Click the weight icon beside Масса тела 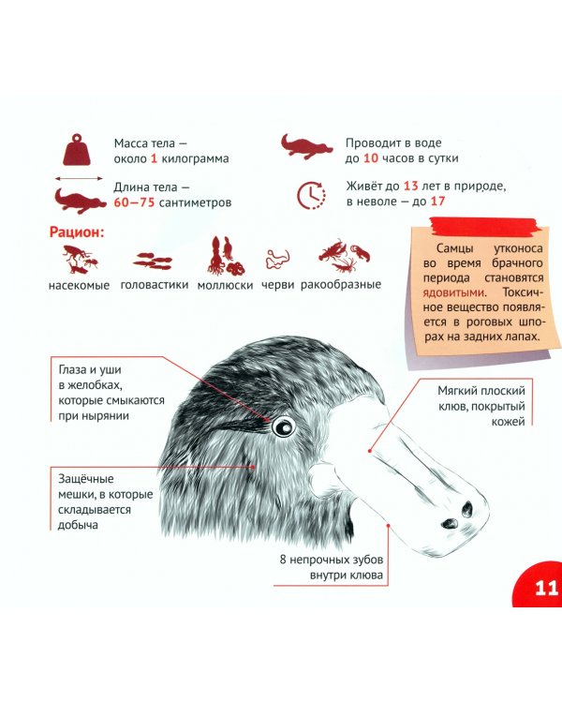point(77,149)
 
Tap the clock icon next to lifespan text point(311,195)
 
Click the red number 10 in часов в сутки point(371,158)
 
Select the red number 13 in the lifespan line point(411,187)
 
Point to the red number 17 point(437,202)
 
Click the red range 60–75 point(134,202)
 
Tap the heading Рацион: point(77,232)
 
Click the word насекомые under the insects point(79,286)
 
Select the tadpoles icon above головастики point(154,261)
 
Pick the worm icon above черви point(278,259)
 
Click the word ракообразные point(341,285)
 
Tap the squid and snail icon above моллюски point(226,256)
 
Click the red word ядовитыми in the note point(453,292)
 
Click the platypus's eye point(283,426)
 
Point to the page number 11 point(546,588)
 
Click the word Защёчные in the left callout point(85,479)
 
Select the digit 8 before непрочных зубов point(283,560)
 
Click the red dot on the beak point(370,451)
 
